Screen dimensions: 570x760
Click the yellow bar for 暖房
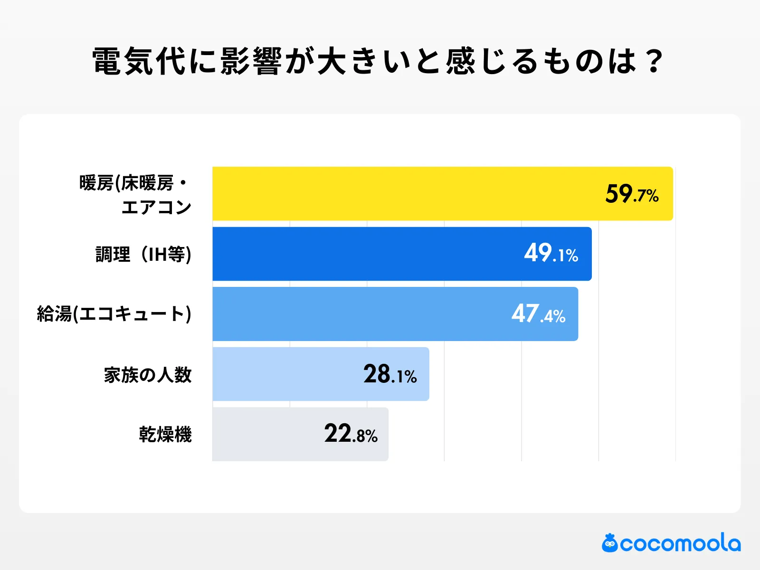click(x=404, y=193)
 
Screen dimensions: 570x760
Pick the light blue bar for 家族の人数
click(x=285, y=374)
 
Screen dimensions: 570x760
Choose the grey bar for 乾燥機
click(x=266, y=434)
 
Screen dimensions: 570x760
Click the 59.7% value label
click(x=632, y=194)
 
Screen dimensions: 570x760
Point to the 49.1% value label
click(x=551, y=254)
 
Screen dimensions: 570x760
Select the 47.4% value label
click(x=538, y=314)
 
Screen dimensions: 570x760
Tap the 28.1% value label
click(x=390, y=374)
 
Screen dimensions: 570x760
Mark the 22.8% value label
click(x=351, y=434)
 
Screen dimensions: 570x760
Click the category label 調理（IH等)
click(x=143, y=254)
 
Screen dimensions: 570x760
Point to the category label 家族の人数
click(x=148, y=375)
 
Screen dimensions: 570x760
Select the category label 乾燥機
click(x=165, y=434)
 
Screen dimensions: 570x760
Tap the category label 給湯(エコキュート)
click(x=114, y=314)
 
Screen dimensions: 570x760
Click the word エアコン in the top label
click(x=156, y=207)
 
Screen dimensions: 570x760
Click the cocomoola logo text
click(x=680, y=543)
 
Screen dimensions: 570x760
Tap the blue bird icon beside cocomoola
click(x=609, y=543)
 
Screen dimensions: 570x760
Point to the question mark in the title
click(x=655, y=61)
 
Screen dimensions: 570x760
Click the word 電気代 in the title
click(x=139, y=61)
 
